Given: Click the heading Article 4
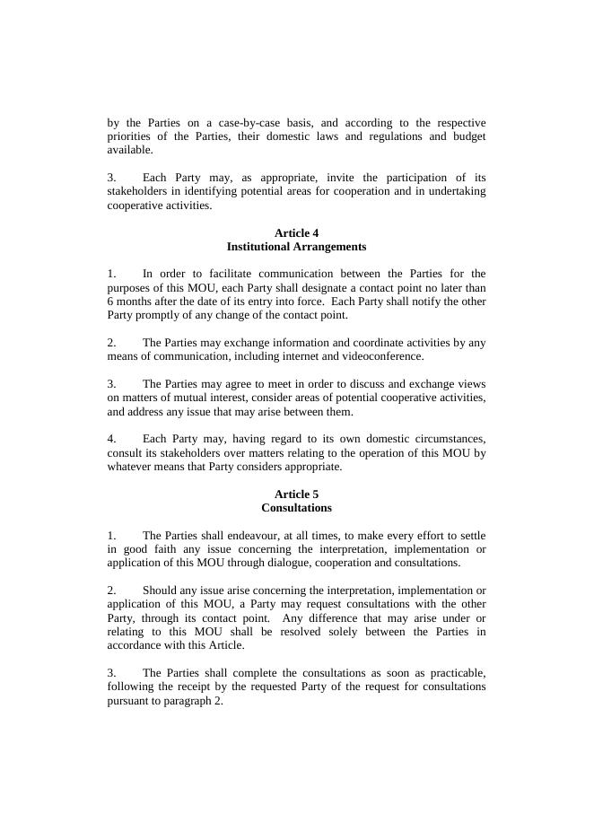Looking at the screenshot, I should pos(296,233).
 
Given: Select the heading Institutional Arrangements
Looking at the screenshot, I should pos(296,247).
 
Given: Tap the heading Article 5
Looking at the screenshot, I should pos(296,494).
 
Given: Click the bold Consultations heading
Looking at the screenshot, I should pos(296,508).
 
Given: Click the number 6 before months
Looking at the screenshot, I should pos(110,302).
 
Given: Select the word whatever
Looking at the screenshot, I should pos(129,467).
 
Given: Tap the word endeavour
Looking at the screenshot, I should pos(252,536).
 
